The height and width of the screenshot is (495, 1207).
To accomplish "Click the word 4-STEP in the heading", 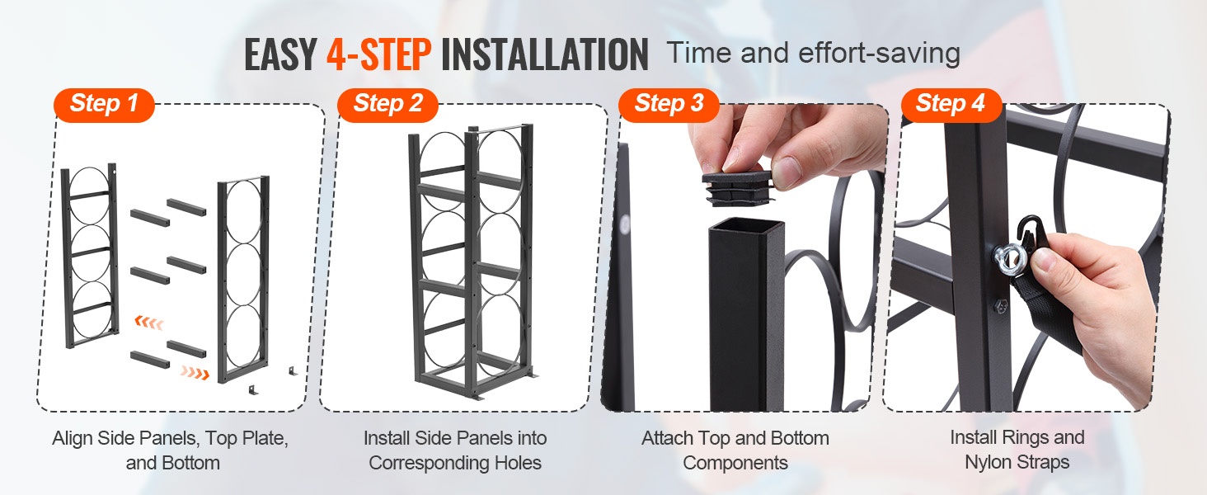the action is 378,54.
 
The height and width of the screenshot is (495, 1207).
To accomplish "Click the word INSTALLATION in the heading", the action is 545,54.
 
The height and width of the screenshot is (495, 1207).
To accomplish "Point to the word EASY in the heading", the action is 280,54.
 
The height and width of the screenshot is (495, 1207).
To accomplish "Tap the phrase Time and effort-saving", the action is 814,54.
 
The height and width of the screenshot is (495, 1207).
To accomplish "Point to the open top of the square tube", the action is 746,227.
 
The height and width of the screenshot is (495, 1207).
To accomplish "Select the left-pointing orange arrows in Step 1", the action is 149,323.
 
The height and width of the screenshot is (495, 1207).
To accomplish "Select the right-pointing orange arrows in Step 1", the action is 195,372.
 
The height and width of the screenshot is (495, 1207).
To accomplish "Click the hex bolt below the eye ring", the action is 1001,307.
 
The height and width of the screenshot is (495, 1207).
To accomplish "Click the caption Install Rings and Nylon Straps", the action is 1017,450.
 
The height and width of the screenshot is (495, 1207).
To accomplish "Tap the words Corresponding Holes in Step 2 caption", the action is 455,463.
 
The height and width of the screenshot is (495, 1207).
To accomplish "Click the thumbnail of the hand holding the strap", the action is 1026,257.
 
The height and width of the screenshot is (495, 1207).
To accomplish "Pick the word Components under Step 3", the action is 735,463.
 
